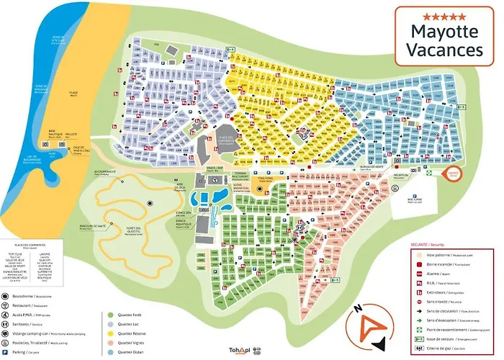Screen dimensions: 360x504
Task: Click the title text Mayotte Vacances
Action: tap(446, 40)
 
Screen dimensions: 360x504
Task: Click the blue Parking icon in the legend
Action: tap(6, 352)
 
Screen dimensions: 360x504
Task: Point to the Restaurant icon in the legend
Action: tap(6, 305)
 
